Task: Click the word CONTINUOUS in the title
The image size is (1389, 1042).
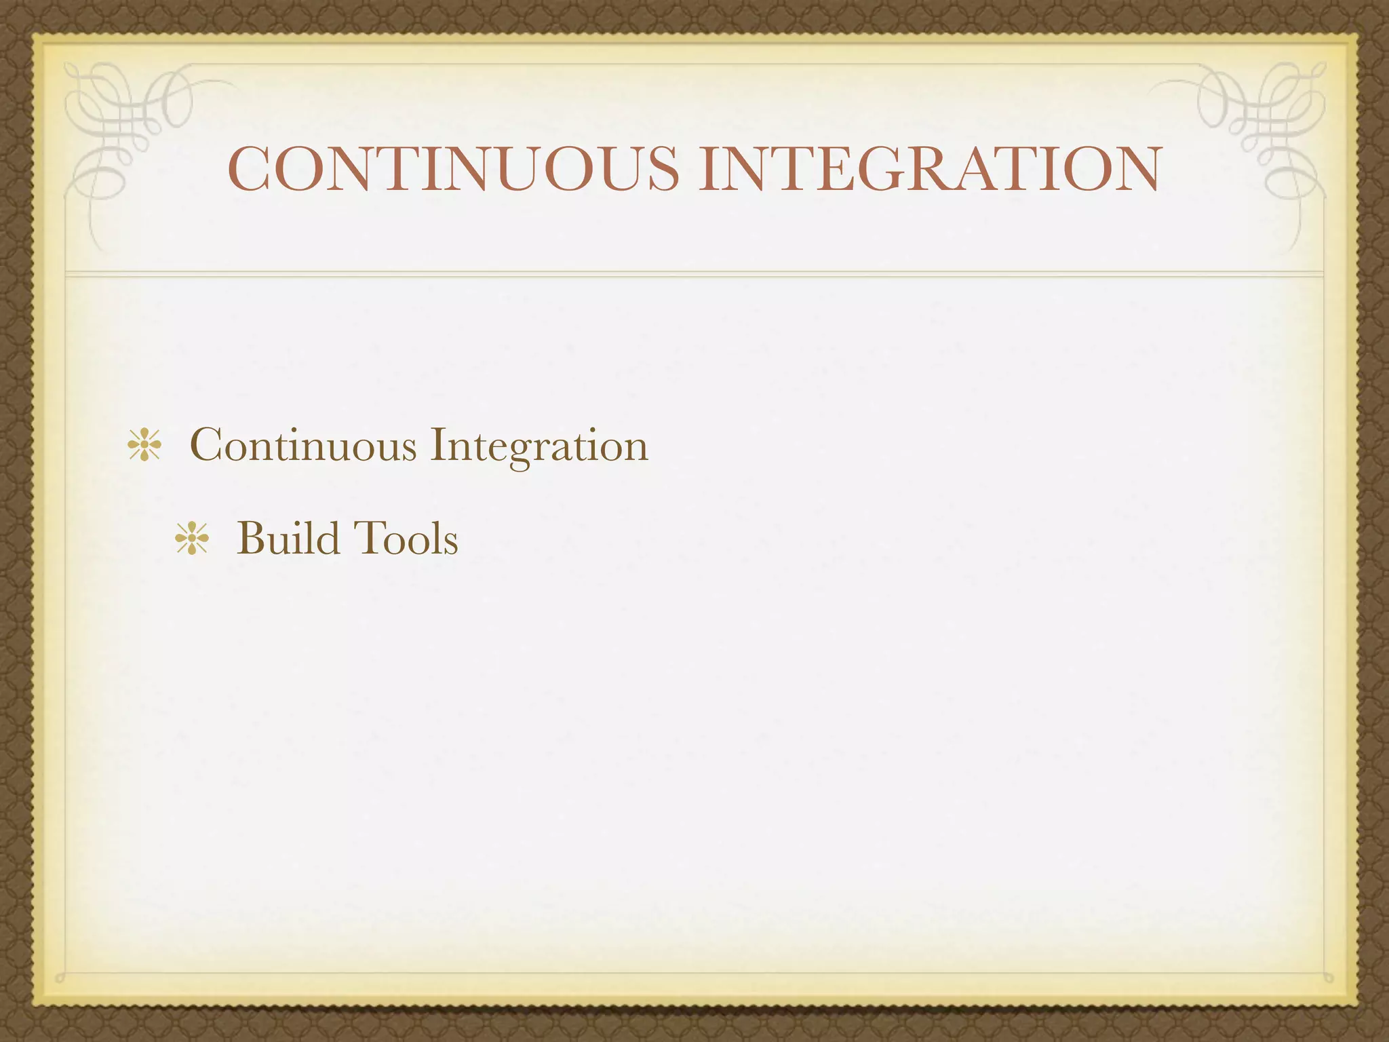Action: pyautogui.click(x=453, y=169)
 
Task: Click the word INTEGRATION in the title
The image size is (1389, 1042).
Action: pyautogui.click(x=929, y=169)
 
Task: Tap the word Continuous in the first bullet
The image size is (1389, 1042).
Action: pyautogui.click(x=303, y=446)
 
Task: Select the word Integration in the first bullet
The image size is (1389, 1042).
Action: pyautogui.click(x=539, y=446)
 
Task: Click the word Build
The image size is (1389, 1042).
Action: pyautogui.click(x=288, y=539)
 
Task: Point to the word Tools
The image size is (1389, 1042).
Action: pyautogui.click(x=404, y=539)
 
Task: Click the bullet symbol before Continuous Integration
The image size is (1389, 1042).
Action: pyautogui.click(x=144, y=446)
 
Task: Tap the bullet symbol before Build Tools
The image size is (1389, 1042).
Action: pyautogui.click(x=192, y=539)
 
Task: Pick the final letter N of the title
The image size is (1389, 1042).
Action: pyautogui.click(x=1135, y=169)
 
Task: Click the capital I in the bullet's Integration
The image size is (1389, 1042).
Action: pyautogui.click(x=437, y=446)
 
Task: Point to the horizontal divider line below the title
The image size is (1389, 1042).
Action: pyautogui.click(x=694, y=273)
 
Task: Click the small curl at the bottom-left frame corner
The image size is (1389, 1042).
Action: pyautogui.click(x=61, y=978)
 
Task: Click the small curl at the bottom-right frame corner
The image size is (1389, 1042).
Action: pyautogui.click(x=1327, y=978)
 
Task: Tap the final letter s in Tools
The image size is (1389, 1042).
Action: pyautogui.click(x=450, y=543)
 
